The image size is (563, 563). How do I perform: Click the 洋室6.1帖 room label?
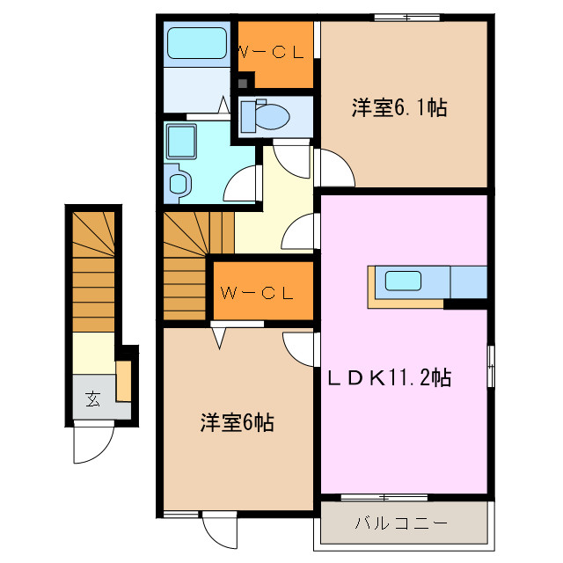pos(399,108)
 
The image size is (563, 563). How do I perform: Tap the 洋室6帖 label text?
pos(235,423)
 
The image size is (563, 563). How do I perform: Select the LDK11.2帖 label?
pos(390,378)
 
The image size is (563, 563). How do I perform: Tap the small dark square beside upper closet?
pos(241,84)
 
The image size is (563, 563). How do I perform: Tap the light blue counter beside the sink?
pos(468,282)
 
